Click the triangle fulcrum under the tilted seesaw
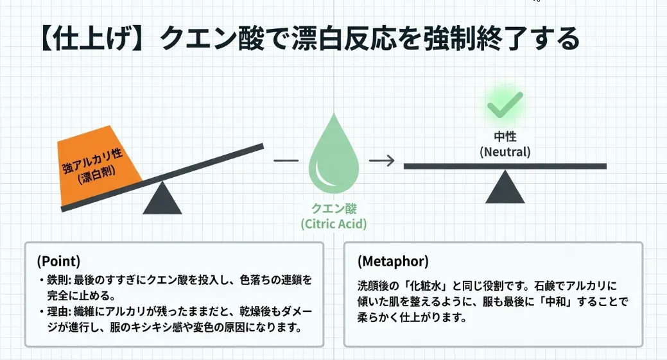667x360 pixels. point(162,198)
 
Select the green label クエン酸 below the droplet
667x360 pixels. point(333,209)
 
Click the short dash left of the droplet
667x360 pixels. point(286,160)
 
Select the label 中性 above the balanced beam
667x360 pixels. point(505,137)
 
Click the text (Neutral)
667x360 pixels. point(505,152)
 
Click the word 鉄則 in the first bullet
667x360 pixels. point(58,281)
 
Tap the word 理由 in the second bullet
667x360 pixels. point(58,314)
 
